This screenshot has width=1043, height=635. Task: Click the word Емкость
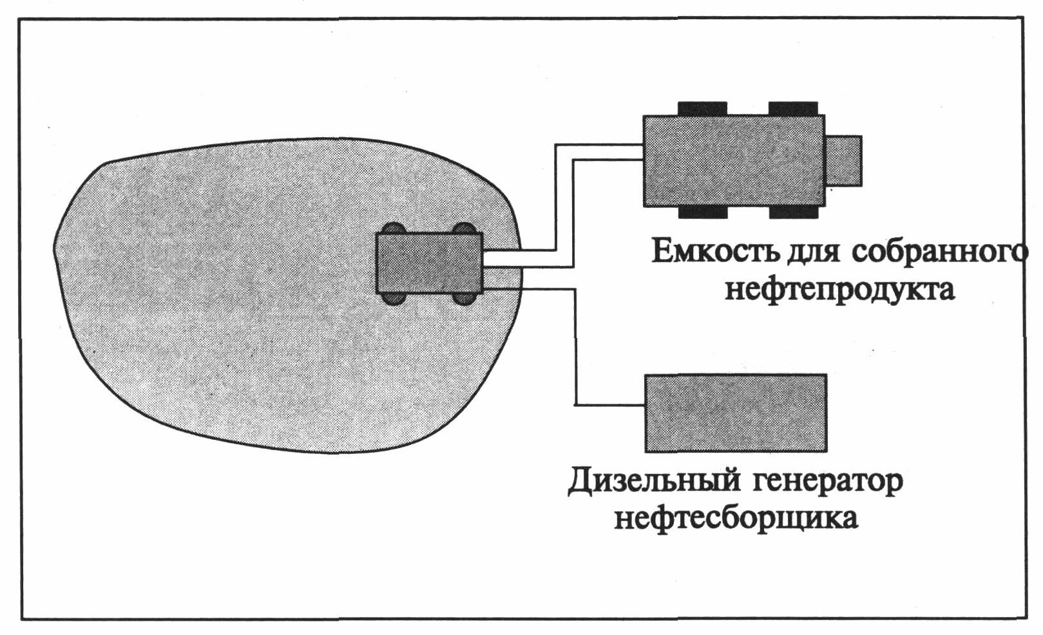click(714, 251)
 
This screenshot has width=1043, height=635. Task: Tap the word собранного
click(943, 252)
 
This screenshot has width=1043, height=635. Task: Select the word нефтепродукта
click(839, 289)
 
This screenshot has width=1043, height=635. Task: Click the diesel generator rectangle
click(736, 413)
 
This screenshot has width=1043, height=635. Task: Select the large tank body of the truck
click(733, 161)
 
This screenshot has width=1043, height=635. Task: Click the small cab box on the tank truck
click(843, 160)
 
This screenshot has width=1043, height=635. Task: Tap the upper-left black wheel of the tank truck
click(702, 109)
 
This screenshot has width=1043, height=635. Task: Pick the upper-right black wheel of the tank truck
click(793, 109)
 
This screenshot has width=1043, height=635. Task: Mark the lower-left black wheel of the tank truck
click(702, 213)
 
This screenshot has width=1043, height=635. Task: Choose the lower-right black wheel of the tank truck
click(793, 213)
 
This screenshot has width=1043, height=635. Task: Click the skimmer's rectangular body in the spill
click(429, 263)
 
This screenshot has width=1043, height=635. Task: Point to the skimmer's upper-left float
click(393, 229)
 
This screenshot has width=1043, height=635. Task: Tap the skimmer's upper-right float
click(464, 229)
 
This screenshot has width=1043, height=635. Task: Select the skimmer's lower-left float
click(393, 298)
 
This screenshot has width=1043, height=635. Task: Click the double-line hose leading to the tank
click(564, 206)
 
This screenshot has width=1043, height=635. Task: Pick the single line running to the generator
click(575, 348)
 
